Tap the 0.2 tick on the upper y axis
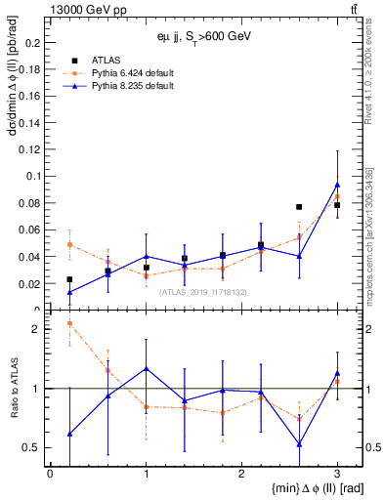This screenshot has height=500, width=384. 32,43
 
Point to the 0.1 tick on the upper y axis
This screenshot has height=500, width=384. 32,177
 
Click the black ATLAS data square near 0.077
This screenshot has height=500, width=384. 299,207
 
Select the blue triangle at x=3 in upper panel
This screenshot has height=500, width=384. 337,185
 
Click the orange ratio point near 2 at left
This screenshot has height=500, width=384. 69,323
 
